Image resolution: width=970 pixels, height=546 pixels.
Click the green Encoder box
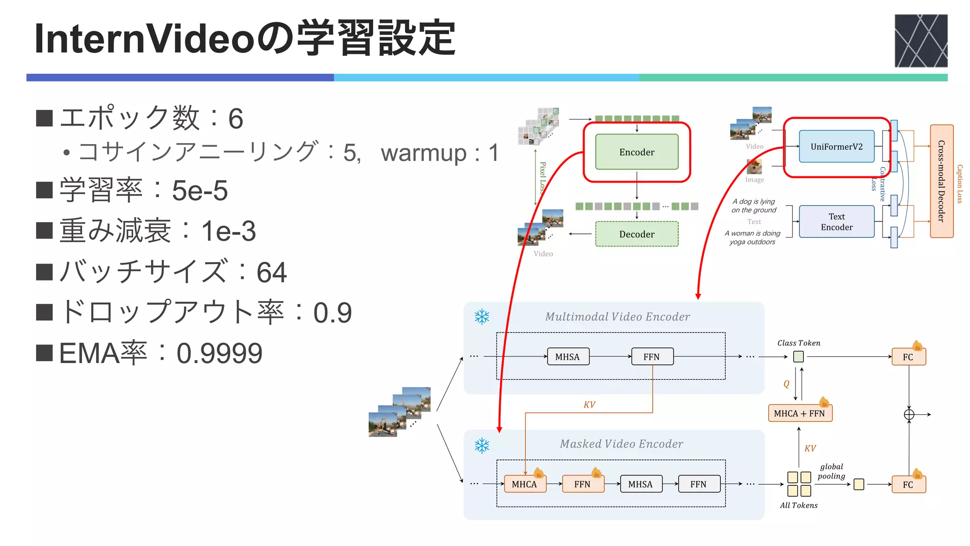637,152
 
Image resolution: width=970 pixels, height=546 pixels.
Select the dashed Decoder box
637,234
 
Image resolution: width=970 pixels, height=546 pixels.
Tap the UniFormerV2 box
836,146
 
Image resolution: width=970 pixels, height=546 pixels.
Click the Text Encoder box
836,222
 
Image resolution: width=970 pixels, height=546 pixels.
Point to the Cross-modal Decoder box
941,181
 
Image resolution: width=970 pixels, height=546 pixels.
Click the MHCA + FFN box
799,413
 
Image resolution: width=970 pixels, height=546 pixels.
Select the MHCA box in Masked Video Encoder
524,484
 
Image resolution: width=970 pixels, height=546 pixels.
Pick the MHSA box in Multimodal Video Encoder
567,357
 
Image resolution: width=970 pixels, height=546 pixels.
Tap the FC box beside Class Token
908,357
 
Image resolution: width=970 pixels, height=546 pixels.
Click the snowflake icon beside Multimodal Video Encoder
482,317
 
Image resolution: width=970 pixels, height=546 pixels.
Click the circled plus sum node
909,415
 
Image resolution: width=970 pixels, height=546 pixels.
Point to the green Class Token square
799,356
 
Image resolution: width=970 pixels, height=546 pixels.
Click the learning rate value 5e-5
199,191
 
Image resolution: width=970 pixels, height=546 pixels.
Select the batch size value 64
271,273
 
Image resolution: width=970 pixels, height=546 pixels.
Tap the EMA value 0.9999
219,354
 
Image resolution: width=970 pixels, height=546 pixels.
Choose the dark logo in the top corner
921,41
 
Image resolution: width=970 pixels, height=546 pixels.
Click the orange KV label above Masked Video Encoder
589,405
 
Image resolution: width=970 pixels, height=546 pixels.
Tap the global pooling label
831,471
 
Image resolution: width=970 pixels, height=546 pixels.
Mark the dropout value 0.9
332,313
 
